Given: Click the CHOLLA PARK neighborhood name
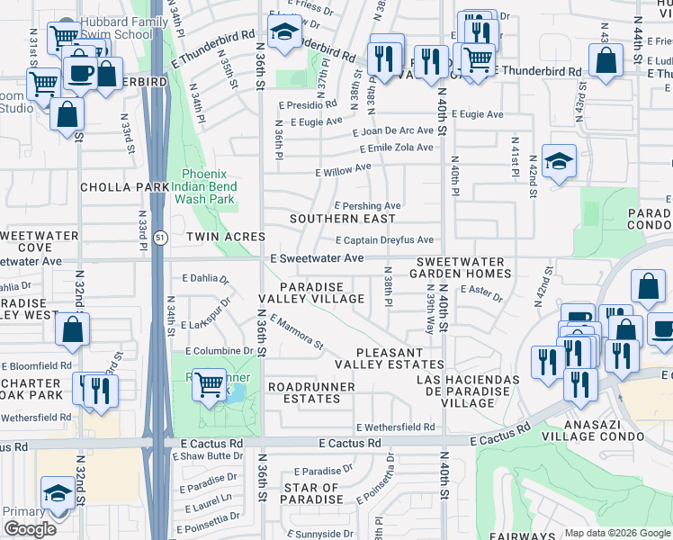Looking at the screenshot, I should pyautogui.click(x=124, y=187).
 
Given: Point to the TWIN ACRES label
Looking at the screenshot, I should pyautogui.click(x=226, y=237).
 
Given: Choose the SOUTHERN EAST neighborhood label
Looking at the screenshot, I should pyautogui.click(x=342, y=219).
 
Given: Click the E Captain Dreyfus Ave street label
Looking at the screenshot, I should pyautogui.click(x=384, y=240).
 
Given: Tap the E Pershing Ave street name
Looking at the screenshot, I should pyautogui.click(x=367, y=206).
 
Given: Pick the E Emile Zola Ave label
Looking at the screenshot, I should pyautogui.click(x=396, y=148).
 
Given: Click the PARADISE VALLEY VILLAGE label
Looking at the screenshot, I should pyautogui.click(x=312, y=292).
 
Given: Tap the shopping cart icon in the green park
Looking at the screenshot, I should pyautogui.click(x=210, y=385).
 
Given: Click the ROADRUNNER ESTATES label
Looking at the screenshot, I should pyautogui.click(x=311, y=392).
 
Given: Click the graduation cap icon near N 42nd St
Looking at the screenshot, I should pyautogui.click(x=559, y=163).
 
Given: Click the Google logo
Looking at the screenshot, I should pyautogui.click(x=29, y=529).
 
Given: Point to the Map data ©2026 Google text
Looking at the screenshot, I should pyautogui.click(x=618, y=533).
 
